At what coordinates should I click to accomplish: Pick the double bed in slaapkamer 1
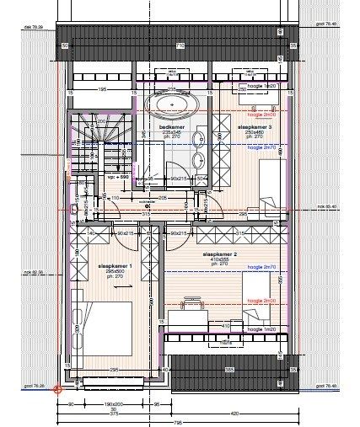pyautogui.click(x=105, y=330)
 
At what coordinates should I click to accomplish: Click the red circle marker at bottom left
pyautogui.click(x=57, y=389)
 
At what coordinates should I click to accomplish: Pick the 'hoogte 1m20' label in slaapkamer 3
pyautogui.click(x=261, y=86)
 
